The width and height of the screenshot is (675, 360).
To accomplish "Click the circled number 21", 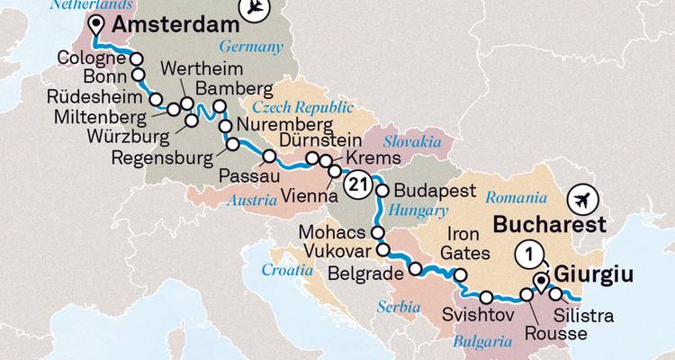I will (x=357, y=184).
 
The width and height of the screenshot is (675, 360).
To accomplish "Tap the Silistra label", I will (x=585, y=316).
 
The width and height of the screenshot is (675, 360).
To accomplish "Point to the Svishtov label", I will (x=476, y=315).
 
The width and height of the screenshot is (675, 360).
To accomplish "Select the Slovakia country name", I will (x=411, y=142).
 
